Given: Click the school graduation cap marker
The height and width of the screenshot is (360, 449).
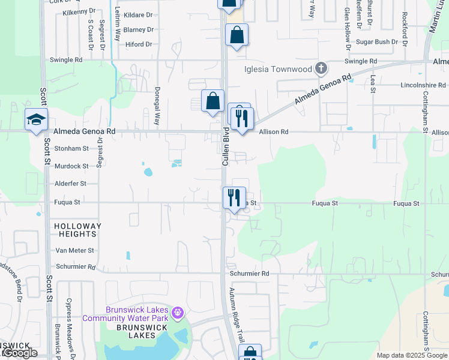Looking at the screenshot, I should tap(36, 119).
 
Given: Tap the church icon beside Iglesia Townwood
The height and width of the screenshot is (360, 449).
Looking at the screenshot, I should tap(321, 68).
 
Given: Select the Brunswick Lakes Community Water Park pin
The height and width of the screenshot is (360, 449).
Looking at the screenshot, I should tap(177, 313).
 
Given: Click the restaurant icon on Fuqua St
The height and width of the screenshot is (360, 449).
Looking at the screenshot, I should tap(234, 197).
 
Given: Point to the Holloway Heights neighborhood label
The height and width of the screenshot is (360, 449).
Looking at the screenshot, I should tap(78, 230).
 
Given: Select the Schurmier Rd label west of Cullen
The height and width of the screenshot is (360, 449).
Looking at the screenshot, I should tap(74, 266).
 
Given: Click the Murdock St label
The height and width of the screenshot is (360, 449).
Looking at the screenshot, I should tap(72, 166).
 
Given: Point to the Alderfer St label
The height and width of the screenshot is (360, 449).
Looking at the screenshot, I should tap(70, 184).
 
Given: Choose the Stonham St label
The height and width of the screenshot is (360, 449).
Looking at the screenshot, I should tap(71, 148).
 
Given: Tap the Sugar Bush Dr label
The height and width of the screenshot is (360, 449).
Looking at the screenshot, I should tap(378, 42).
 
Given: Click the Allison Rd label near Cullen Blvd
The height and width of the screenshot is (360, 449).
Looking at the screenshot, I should tap(274, 131).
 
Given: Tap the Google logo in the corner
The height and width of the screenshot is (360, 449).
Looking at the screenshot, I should tap(20, 353).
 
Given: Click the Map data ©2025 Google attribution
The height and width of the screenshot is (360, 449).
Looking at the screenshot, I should tap(411, 355).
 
